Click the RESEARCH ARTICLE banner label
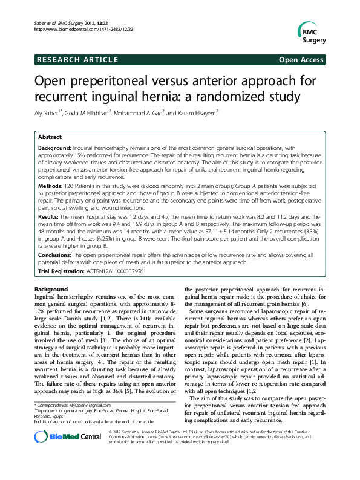tap(76, 59)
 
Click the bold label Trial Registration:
tap(61, 271)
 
